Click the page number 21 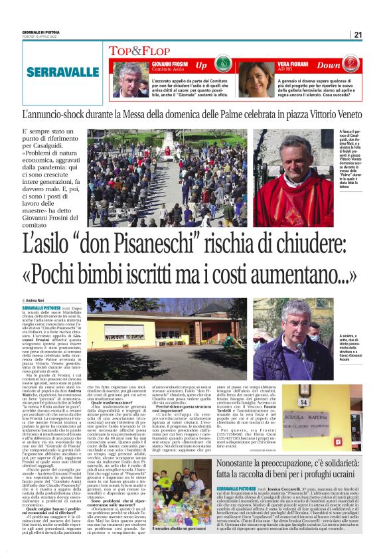358,35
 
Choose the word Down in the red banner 346,66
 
